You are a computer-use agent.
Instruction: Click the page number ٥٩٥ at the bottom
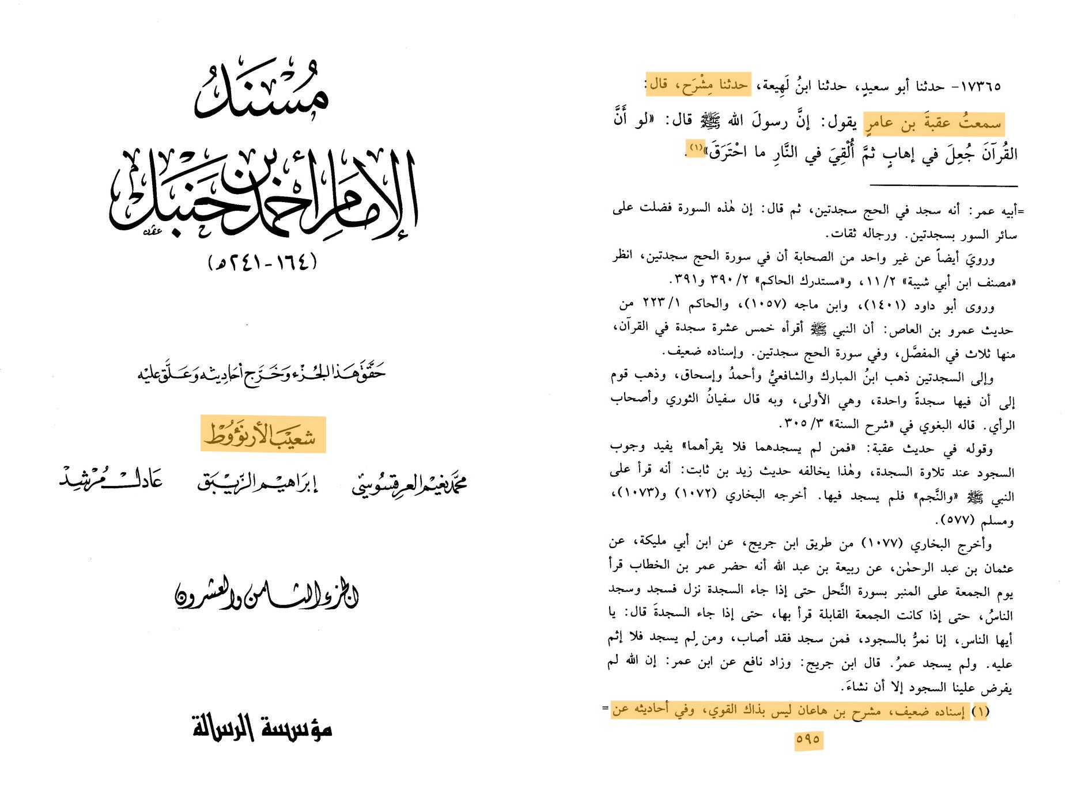click(x=808, y=739)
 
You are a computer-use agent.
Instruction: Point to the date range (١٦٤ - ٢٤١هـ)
click(x=262, y=263)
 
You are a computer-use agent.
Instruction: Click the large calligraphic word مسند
click(x=262, y=92)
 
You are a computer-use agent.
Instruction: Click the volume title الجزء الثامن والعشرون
click(x=266, y=595)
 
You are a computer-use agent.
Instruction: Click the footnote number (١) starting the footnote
click(x=980, y=712)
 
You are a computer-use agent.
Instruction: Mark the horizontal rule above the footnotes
click(x=943, y=185)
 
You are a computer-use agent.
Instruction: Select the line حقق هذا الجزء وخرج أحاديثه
click(x=262, y=373)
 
